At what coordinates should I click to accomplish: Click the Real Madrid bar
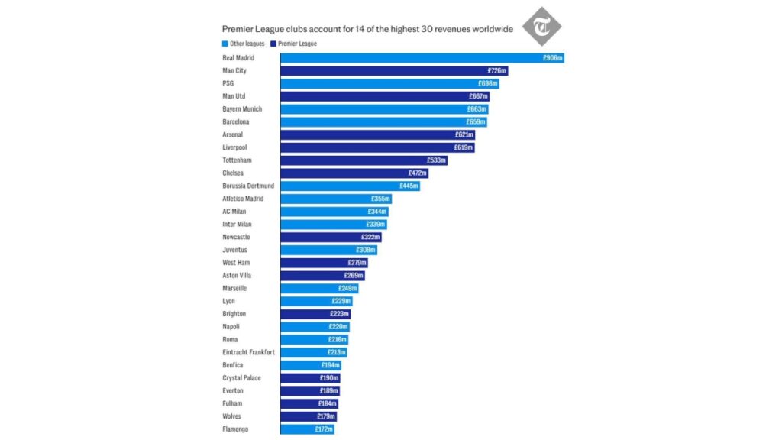click(x=422, y=58)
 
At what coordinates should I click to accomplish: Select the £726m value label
click(x=496, y=71)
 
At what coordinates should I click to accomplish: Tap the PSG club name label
click(x=228, y=83)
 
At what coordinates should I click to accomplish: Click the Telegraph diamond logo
click(x=541, y=27)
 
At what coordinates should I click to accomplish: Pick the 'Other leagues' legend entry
click(x=244, y=44)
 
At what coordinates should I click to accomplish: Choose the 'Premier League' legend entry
click(x=294, y=44)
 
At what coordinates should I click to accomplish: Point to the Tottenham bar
click(x=364, y=160)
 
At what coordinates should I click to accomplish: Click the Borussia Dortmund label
click(x=248, y=186)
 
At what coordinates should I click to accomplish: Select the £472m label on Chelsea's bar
click(x=418, y=173)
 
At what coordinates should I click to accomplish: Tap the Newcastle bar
click(x=331, y=237)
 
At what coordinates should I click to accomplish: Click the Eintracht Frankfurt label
click(x=248, y=352)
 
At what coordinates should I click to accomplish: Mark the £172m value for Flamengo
click(x=324, y=429)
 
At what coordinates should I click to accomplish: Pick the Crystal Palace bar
click(x=311, y=378)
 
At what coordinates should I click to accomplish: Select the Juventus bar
click(x=328, y=250)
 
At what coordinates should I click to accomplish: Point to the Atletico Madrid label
click(x=243, y=199)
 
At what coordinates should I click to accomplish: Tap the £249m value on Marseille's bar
click(x=347, y=288)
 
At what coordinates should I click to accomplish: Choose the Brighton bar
click(x=315, y=314)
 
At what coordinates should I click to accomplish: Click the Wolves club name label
click(x=231, y=416)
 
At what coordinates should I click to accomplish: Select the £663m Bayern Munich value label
click(x=477, y=109)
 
